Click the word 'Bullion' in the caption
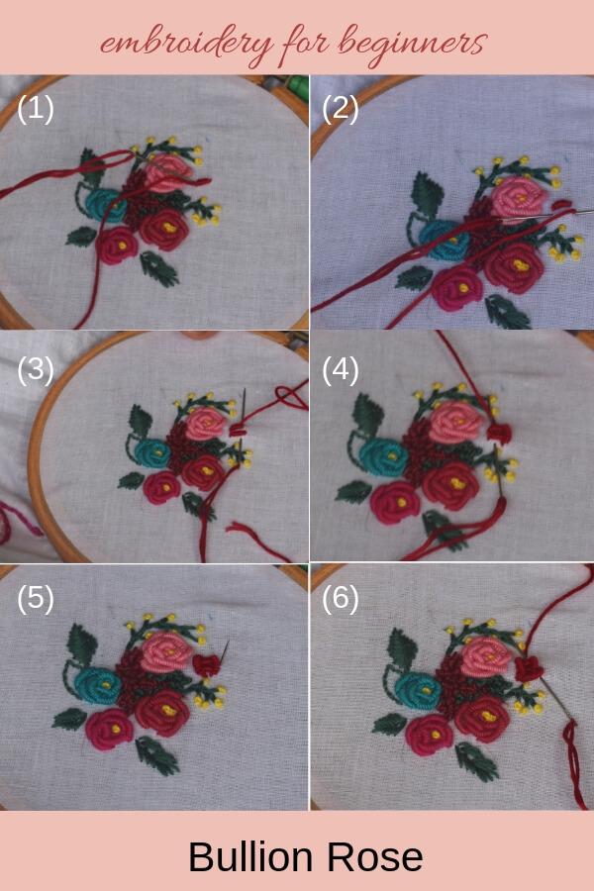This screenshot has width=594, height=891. click(250, 857)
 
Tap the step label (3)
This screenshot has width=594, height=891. click(36, 370)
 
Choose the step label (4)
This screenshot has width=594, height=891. click(340, 370)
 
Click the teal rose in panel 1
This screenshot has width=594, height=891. click(105, 206)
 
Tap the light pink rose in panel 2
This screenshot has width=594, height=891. click(519, 197)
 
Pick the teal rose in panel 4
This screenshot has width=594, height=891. click(382, 458)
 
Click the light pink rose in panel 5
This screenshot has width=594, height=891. click(166, 650)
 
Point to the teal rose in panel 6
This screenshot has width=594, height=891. click(418, 690)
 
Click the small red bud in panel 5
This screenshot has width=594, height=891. click(205, 665)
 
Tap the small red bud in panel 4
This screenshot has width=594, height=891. click(499, 434)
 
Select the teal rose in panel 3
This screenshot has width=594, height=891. click(152, 452)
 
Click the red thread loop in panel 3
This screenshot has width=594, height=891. click(291, 396)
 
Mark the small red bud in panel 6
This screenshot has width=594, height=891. click(530, 669)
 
